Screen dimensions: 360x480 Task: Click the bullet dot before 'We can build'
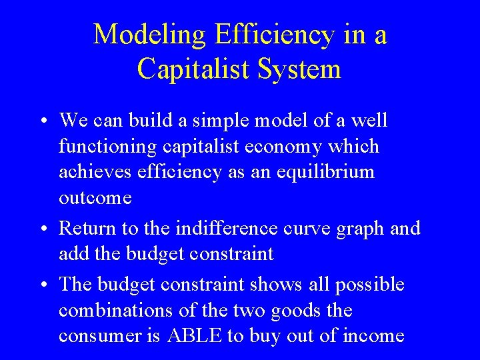[x=42, y=122]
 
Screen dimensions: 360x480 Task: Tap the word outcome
[x=95, y=198]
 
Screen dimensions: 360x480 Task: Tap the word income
[x=372, y=336]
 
